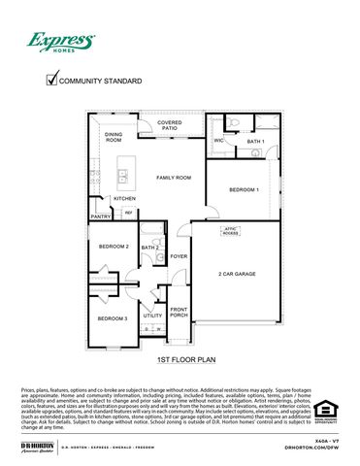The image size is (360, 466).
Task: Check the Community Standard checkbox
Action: click(x=52, y=82)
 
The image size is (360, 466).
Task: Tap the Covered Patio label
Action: click(x=170, y=125)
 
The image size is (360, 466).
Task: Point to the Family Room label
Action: click(x=174, y=178)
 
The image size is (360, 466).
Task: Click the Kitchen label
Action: click(x=124, y=198)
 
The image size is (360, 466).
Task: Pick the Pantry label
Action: click(x=101, y=216)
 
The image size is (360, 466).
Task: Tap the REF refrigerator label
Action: click(x=128, y=213)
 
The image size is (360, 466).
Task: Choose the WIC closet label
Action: click(x=218, y=141)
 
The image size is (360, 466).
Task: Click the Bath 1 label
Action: click(x=255, y=142)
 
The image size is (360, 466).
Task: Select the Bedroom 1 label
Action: click(x=244, y=189)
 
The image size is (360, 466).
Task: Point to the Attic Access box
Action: click(x=230, y=232)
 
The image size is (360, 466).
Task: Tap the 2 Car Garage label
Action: click(x=237, y=274)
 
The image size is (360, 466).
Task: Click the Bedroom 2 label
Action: click(x=114, y=247)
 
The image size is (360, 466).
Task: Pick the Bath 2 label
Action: click(x=149, y=248)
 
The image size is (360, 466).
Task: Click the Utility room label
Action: click(x=152, y=316)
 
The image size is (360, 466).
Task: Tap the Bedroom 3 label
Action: click(x=113, y=318)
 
